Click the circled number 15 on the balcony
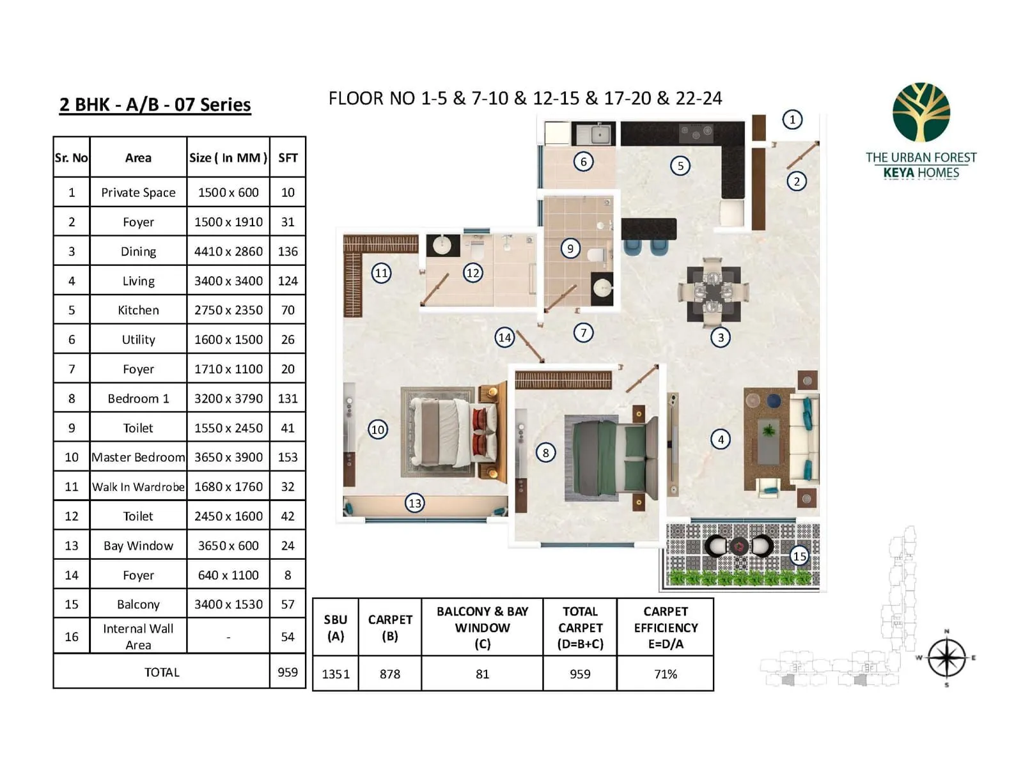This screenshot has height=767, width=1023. coord(799,555)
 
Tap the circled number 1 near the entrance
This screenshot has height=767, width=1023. coord(792,120)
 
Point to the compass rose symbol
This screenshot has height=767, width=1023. coord(946,658)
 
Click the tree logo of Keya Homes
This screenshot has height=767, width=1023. coord(921,112)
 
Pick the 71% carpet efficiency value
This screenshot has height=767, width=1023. coord(665,674)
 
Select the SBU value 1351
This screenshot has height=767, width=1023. coord(336,674)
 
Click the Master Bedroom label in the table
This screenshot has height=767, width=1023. coord(138,457)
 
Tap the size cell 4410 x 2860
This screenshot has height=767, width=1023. coord(228,251)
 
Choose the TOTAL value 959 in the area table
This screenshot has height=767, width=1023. coord(288,672)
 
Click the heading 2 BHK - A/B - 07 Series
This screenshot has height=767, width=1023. coord(155,105)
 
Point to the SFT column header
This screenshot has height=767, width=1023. coord(288,158)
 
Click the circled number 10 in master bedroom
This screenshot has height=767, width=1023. coord(378,430)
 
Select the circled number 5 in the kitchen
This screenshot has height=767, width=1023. coord(680,166)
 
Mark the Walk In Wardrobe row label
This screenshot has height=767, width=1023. coord(138,486)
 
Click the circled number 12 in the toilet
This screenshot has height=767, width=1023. coord(472,274)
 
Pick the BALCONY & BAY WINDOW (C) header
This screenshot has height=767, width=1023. coord(482,627)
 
